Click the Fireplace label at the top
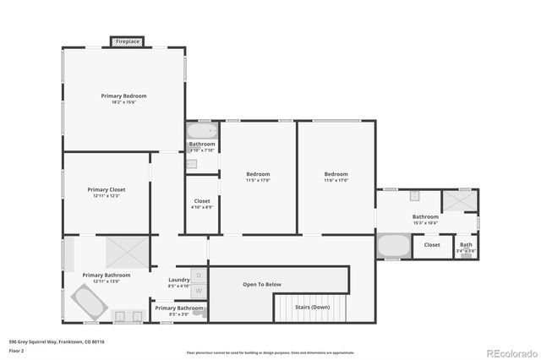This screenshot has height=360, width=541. pyautogui.click(x=128, y=41)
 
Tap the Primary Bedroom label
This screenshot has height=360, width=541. pyautogui.click(x=124, y=96)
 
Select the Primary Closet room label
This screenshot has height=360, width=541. pyautogui.click(x=107, y=190)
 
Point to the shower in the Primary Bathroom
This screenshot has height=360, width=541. pyautogui.click(x=127, y=251)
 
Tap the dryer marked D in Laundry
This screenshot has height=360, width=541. pyautogui.click(x=199, y=275)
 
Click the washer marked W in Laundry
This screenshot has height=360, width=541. pyautogui.click(x=199, y=291)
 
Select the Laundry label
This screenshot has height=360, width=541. pyautogui.click(x=178, y=280)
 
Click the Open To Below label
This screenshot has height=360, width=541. pyautogui.click(x=261, y=284)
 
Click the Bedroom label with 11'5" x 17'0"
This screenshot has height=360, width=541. pyautogui.click(x=258, y=174)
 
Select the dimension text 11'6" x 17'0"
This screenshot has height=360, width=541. pyautogui.click(x=336, y=181)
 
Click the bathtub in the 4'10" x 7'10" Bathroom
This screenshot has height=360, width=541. pyautogui.click(x=202, y=132)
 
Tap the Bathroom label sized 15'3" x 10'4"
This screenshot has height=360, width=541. pyautogui.click(x=425, y=216)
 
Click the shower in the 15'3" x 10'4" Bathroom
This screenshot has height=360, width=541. pyautogui.click(x=459, y=199)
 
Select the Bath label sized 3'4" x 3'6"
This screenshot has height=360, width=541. pyautogui.click(x=465, y=244)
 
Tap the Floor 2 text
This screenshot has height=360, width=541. pyautogui.click(x=17, y=348)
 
